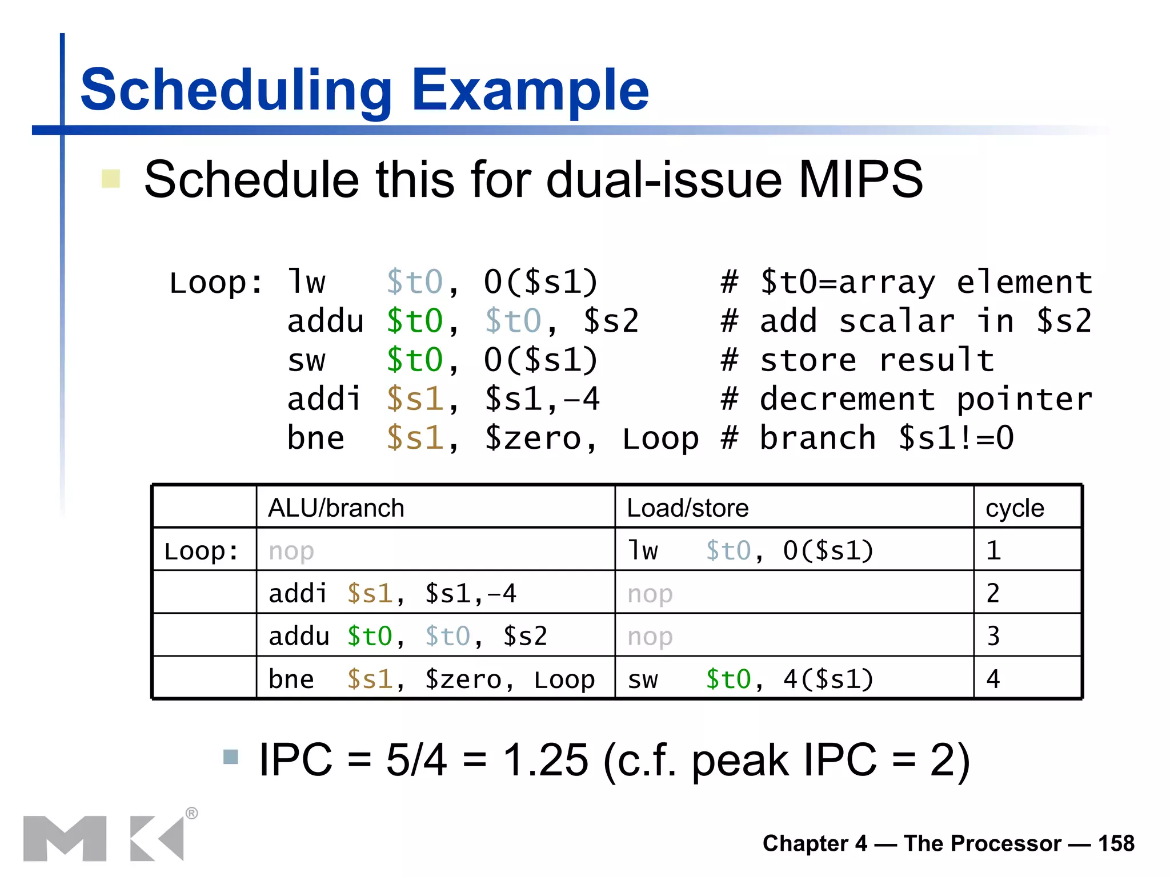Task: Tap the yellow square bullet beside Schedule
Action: point(110,179)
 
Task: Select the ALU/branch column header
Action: point(336,508)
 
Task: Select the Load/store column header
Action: point(687,508)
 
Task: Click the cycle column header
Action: point(1015,508)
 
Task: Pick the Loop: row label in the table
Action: point(201,551)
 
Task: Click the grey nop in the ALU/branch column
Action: point(291,551)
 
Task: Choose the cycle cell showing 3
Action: point(993,636)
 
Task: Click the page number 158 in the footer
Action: point(1116,843)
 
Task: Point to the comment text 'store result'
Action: point(877,360)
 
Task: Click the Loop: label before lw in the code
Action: point(215,283)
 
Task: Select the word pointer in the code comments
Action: point(1024,399)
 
